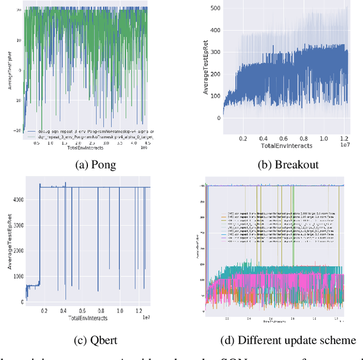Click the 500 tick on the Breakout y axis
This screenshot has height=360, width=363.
[x=215, y=9]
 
